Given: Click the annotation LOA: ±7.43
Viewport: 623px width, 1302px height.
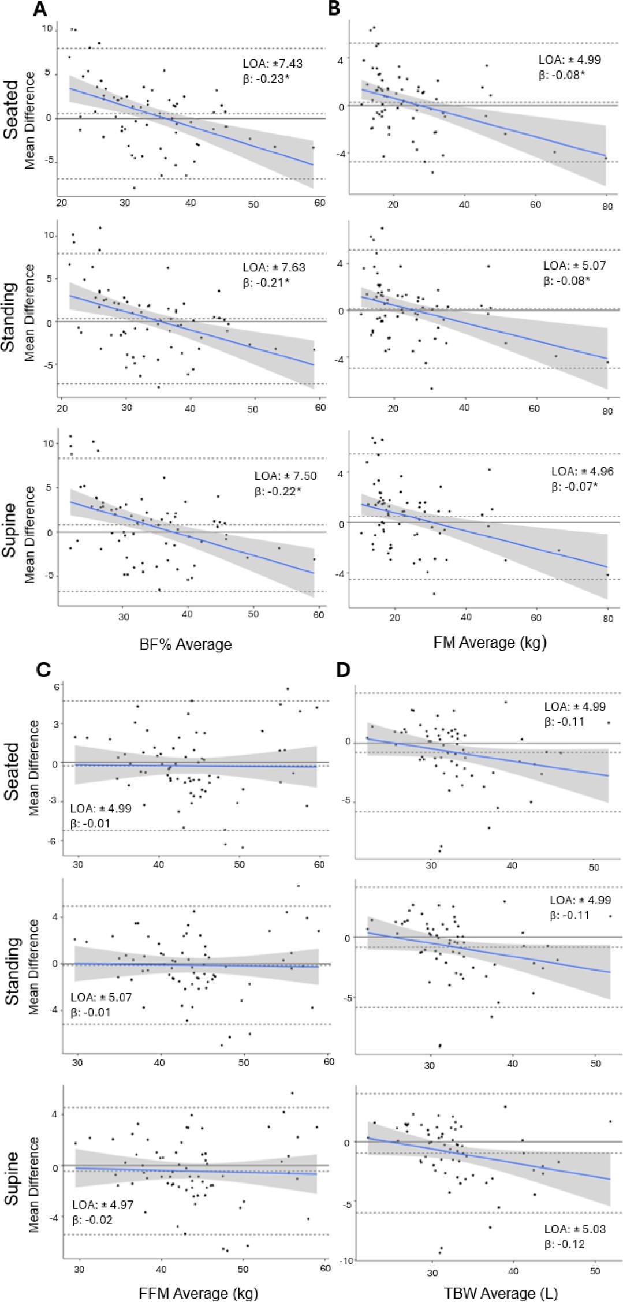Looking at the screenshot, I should [273, 64].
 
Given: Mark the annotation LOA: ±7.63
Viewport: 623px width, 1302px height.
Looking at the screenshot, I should [274, 268].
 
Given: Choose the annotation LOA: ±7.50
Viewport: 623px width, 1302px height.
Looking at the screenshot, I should [286, 476].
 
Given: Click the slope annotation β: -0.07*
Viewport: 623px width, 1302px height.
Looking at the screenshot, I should [574, 486].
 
